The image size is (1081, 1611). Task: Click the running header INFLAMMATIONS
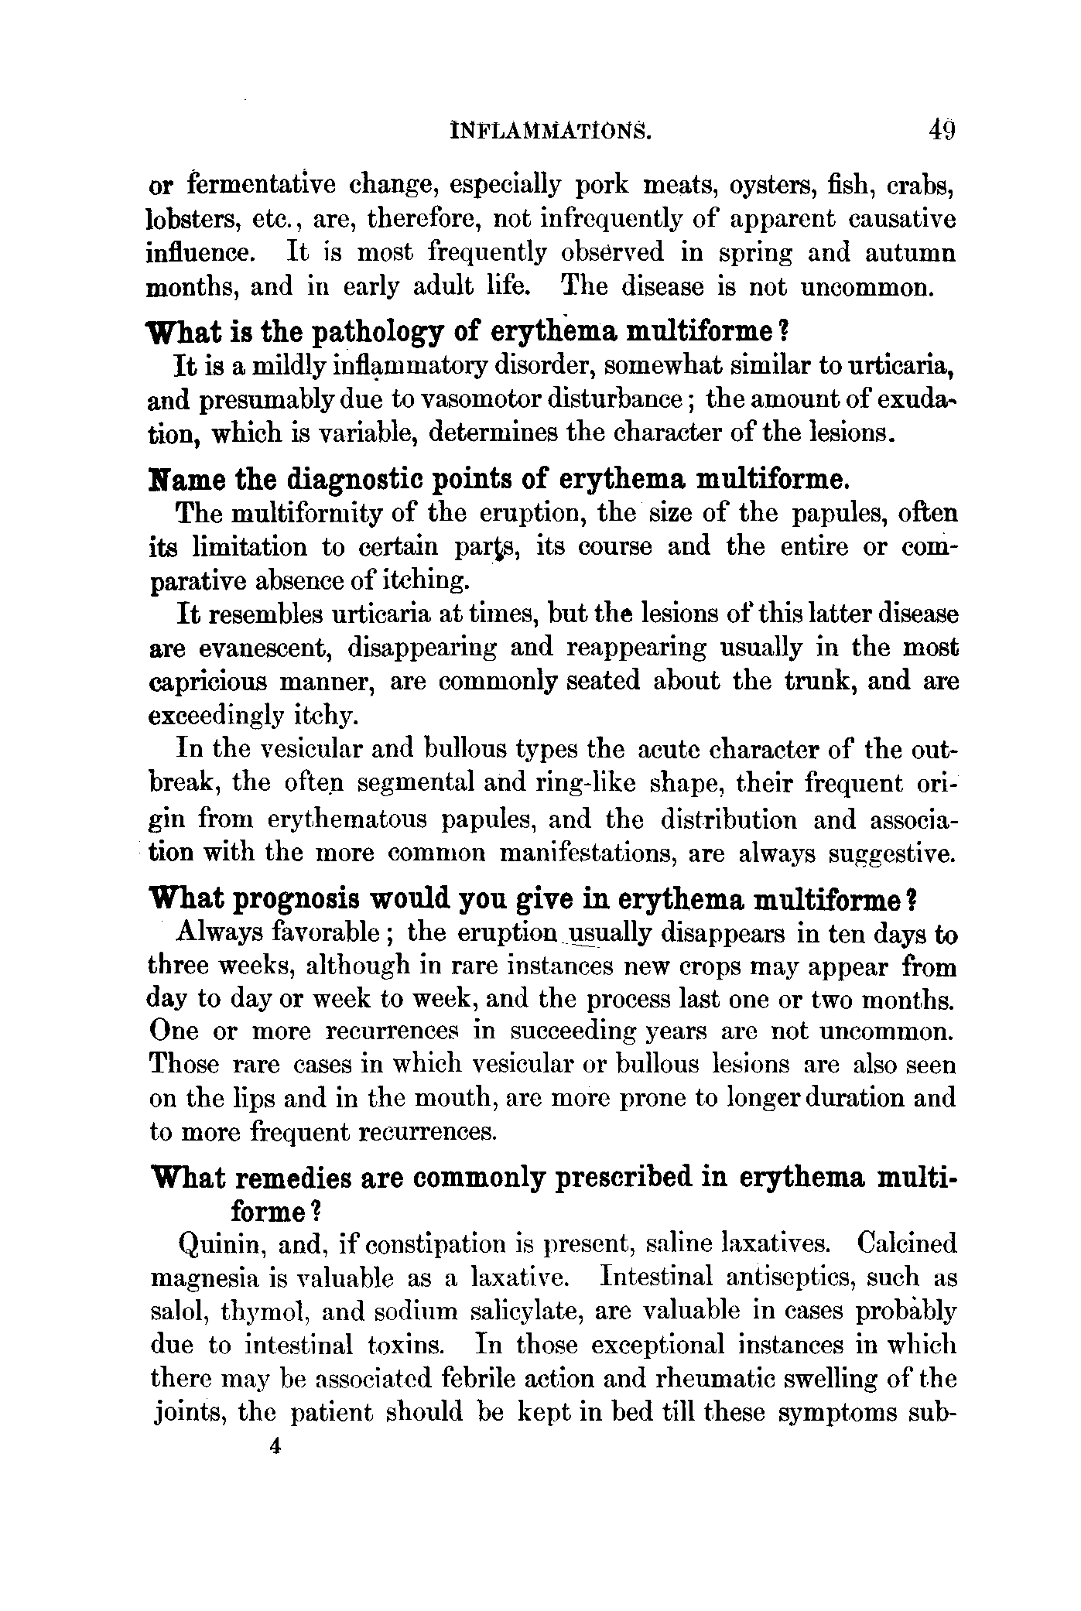[x=550, y=131]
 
